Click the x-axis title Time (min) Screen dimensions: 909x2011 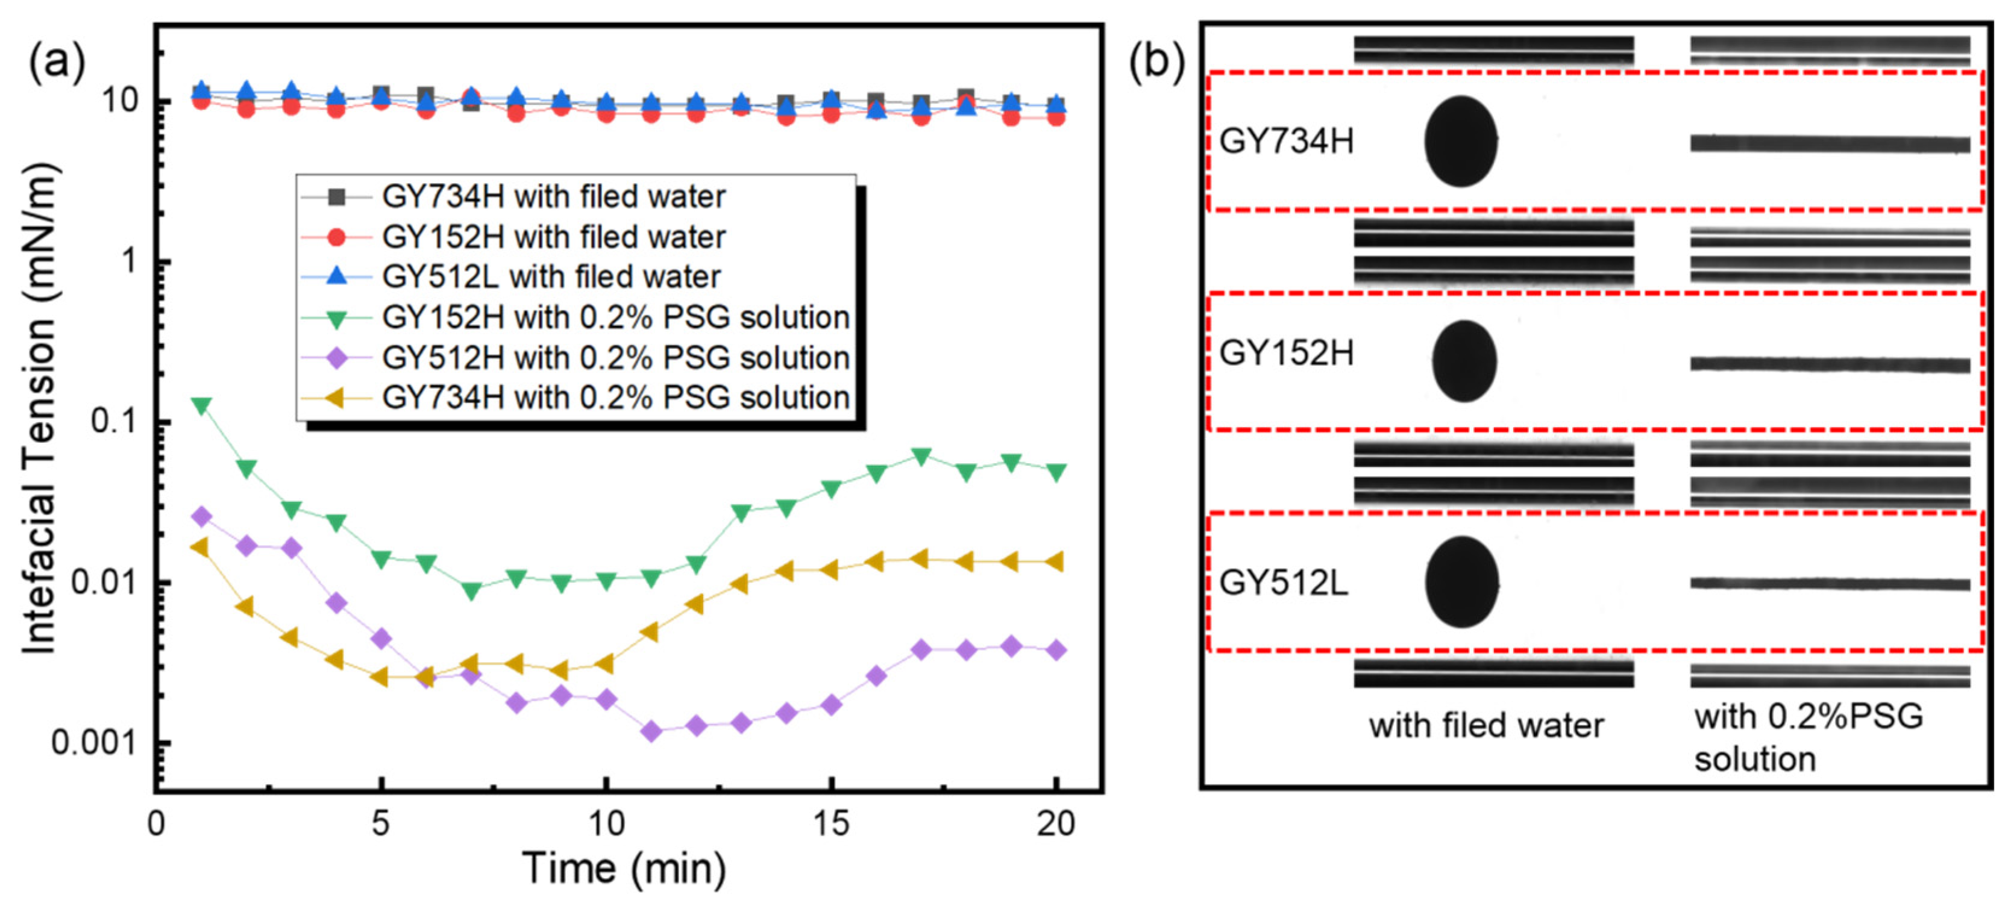tap(624, 867)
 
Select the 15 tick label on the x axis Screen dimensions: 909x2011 tap(830, 823)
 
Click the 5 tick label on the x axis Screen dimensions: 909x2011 tap(380, 823)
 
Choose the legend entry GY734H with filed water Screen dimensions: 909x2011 tap(553, 196)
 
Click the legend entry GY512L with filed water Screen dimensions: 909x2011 tap(550, 277)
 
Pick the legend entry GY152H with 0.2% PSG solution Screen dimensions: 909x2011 tap(614, 317)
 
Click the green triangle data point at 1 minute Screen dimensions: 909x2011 tap(201, 406)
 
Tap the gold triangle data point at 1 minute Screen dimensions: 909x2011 tap(201, 547)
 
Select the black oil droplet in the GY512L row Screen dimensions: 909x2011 tap(1461, 582)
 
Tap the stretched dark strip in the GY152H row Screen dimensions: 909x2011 tap(1829, 364)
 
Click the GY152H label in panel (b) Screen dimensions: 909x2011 tap(1286, 354)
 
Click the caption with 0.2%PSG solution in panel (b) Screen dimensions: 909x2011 tap(1807, 737)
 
